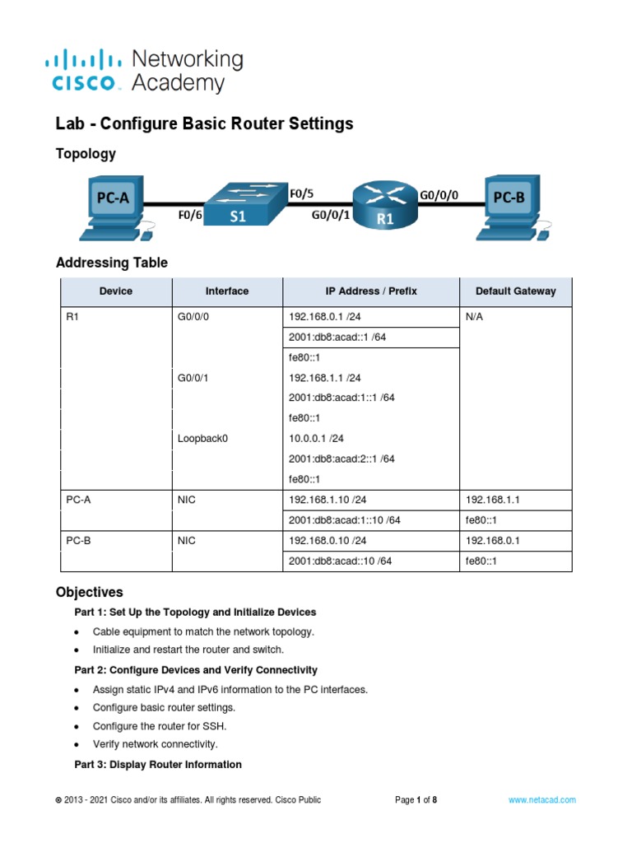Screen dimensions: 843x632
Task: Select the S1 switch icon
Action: (238, 205)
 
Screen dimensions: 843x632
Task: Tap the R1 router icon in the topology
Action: (385, 205)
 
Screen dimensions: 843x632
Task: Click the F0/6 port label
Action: (190, 217)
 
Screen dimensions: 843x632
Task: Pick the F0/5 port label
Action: (302, 193)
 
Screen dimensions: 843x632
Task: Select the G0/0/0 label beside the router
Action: (439, 196)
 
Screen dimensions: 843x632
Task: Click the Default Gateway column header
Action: (515, 291)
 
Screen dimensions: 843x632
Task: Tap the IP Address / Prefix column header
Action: (370, 291)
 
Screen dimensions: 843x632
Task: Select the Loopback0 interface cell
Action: (202, 439)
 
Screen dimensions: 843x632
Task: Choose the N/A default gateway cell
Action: (475, 316)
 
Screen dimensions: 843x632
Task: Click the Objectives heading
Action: (89, 592)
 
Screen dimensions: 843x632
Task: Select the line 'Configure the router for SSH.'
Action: (160, 726)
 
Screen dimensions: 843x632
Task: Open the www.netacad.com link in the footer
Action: (542, 799)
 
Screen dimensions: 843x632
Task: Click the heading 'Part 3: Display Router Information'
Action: (158, 765)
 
